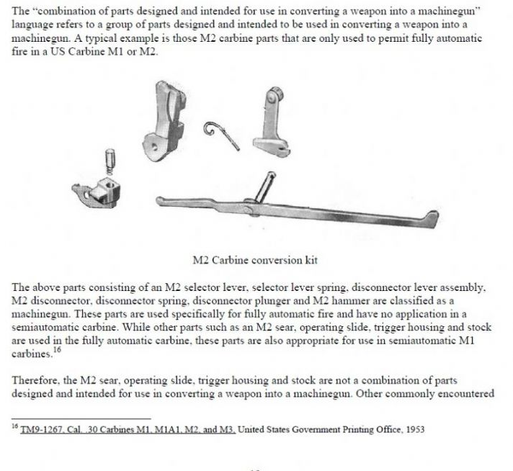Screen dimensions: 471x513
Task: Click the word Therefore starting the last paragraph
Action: pyautogui.click(x=37, y=379)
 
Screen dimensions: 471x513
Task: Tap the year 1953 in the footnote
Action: pyautogui.click(x=413, y=430)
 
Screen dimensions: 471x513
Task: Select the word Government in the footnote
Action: pyautogui.click(x=303, y=430)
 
